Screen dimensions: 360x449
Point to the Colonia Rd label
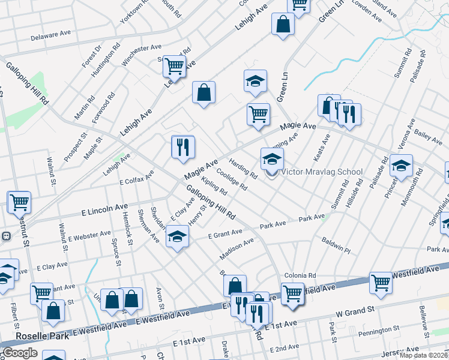300,275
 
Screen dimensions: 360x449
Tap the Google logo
20,353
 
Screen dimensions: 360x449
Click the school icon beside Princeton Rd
401,166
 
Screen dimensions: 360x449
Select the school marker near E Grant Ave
177,238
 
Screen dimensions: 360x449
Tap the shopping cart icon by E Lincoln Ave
19,203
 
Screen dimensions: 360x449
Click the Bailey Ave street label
428,139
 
